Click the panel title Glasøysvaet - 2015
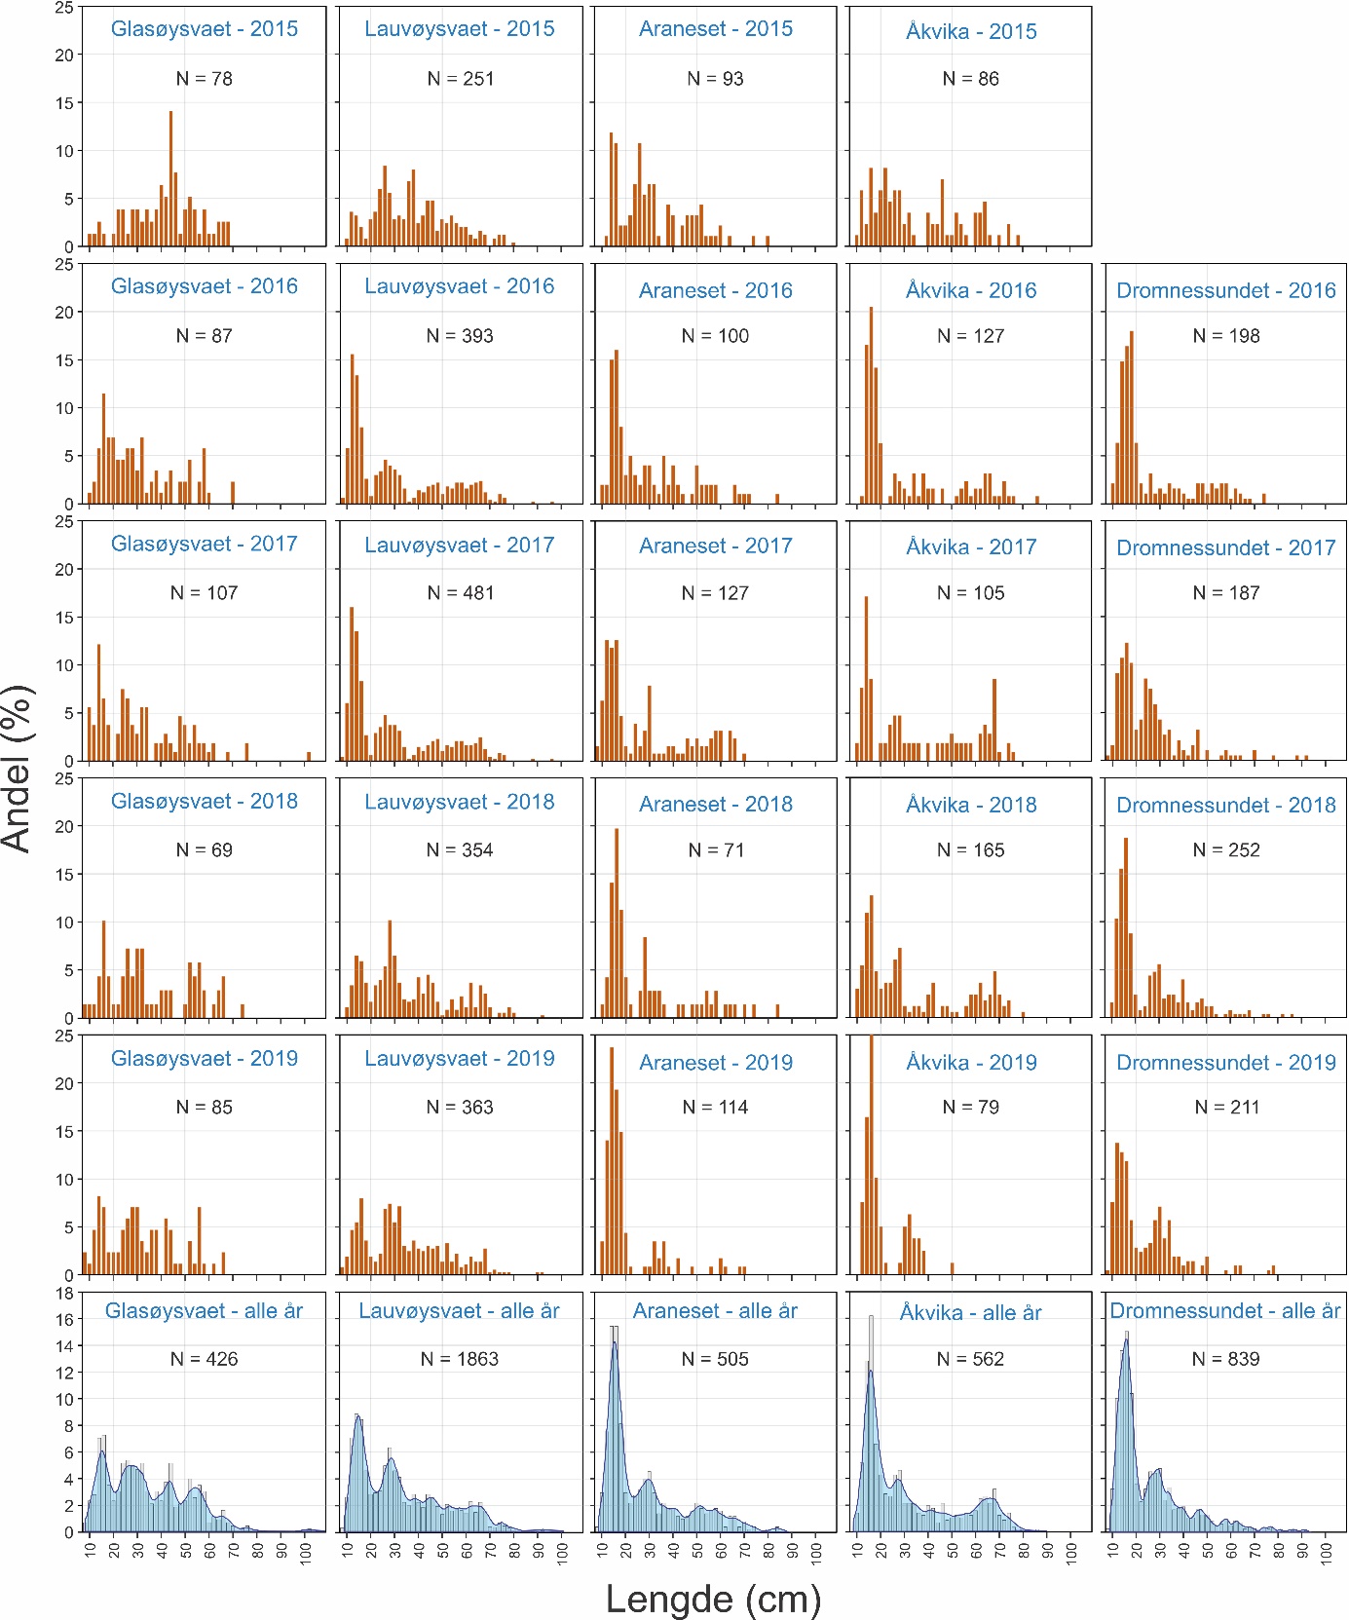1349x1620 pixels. pos(205,29)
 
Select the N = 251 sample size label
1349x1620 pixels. pos(461,79)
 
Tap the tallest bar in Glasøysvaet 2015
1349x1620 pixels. pos(170,179)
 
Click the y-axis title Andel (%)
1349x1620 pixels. pos(19,769)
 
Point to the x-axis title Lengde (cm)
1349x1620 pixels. pos(713,1599)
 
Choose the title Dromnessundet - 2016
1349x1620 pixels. pos(1225,290)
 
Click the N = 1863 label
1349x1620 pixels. pos(460,1359)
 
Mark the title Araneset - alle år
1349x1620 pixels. pos(715,1311)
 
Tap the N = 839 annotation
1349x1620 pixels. pos(1225,1359)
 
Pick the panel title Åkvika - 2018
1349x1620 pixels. pos(971,805)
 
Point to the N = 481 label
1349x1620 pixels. pos(461,593)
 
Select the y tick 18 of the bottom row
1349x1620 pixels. pos(65,1294)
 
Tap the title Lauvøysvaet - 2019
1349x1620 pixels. pos(460,1059)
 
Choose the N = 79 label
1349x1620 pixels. pos(971,1108)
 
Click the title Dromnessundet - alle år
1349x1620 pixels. pos(1225,1311)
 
